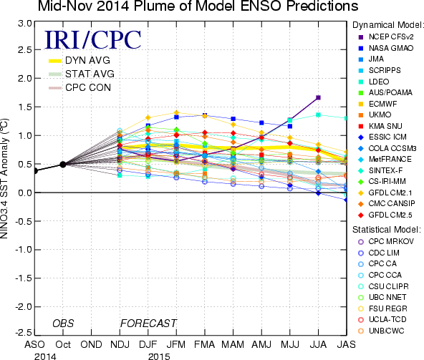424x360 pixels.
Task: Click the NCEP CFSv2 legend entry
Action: coord(386,37)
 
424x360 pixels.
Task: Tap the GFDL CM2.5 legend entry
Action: coord(385,215)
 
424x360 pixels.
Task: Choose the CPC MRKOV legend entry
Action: coord(386,241)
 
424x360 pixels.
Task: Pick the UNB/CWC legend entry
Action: coord(381,331)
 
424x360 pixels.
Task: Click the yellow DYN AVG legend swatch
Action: coord(55,61)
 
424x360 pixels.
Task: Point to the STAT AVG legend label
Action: coord(90,74)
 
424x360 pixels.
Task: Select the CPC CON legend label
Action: coord(88,87)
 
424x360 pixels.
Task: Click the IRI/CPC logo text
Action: coord(93,39)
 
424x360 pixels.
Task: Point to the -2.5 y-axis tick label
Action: coord(24,332)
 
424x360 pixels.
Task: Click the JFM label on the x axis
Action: coord(176,344)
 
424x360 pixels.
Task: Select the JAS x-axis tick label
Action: coord(347,344)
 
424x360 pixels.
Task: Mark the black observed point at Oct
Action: coord(63,165)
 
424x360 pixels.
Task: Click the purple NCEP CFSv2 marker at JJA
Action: coord(318,97)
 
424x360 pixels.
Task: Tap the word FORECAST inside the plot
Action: coord(148,323)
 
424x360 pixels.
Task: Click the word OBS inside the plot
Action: coord(63,323)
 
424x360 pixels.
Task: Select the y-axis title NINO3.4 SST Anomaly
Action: coord(4,178)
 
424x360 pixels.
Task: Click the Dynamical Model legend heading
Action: coord(387,25)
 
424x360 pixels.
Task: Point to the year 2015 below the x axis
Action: coord(159,356)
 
